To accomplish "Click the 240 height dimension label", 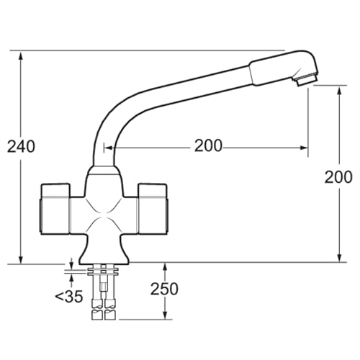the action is tap(21, 146).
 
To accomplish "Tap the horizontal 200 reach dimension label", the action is tap(208, 145).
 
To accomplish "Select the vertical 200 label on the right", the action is tap(338, 177).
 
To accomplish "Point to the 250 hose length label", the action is tap(164, 289).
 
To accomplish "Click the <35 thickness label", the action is tap(69, 297).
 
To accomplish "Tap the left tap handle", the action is tap(55, 209).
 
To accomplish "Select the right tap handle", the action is tap(153, 209).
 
